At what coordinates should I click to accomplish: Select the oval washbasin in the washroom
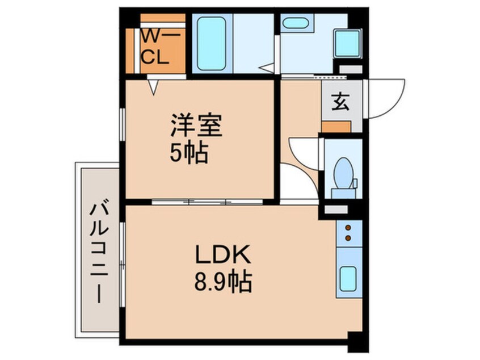[x=295, y=24]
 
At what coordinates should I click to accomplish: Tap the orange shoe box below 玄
[x=336, y=126]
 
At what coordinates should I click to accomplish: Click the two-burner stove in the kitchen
[x=347, y=233]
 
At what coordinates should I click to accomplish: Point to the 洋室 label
[x=196, y=126]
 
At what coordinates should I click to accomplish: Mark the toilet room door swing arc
[x=301, y=162]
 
